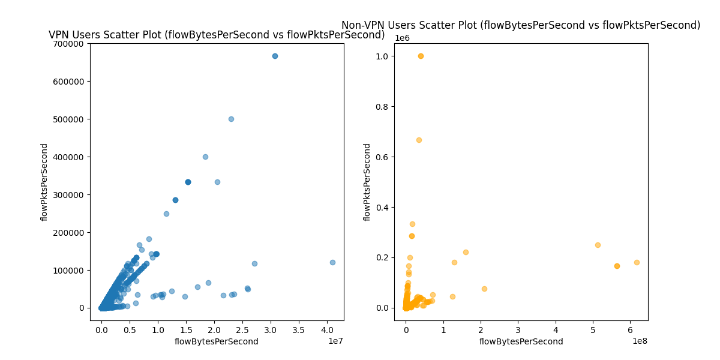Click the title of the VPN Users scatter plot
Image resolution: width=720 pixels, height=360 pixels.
coord(217,35)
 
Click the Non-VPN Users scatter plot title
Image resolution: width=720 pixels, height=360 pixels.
coord(521,25)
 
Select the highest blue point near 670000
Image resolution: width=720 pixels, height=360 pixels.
coord(275,56)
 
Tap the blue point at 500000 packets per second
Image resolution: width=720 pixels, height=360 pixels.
coord(231,119)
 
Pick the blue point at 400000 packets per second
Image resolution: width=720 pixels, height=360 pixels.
coord(205,157)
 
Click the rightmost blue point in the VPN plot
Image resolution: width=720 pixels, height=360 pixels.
coord(332,262)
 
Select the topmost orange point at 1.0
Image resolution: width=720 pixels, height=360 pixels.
coord(421,56)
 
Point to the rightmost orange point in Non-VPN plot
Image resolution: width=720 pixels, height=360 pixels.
coord(637,262)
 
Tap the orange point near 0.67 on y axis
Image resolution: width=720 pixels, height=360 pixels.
coord(419,140)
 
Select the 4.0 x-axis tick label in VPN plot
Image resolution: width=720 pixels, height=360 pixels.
coord(327,330)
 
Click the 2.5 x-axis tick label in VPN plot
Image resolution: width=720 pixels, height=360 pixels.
coord(242,330)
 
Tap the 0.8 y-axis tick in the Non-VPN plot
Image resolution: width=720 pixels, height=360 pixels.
coord(380,107)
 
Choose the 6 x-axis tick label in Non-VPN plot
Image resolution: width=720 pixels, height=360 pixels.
coord(630,330)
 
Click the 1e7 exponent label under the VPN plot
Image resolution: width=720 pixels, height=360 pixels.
coord(335,341)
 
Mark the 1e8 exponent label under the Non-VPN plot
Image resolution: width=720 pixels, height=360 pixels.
coord(639,341)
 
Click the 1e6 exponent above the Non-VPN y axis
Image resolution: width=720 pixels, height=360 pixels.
coord(402,38)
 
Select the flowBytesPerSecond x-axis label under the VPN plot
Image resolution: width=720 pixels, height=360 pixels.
coord(217,341)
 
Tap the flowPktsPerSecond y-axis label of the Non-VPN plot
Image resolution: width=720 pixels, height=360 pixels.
coord(367,182)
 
